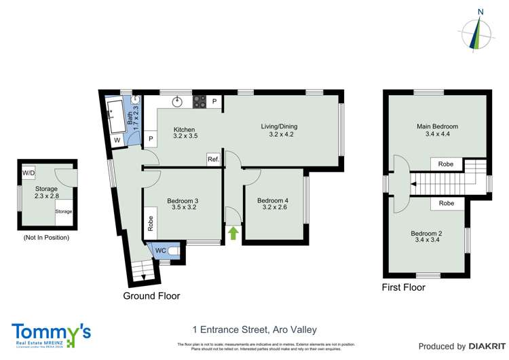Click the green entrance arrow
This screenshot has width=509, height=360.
click(x=233, y=234)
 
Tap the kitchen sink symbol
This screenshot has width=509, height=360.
click(x=178, y=102)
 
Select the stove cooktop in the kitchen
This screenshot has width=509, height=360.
click(x=200, y=102)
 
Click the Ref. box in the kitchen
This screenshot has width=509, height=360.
click(x=213, y=159)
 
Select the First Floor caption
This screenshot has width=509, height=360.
click(x=404, y=287)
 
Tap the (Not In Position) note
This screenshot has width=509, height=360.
click(x=46, y=238)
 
